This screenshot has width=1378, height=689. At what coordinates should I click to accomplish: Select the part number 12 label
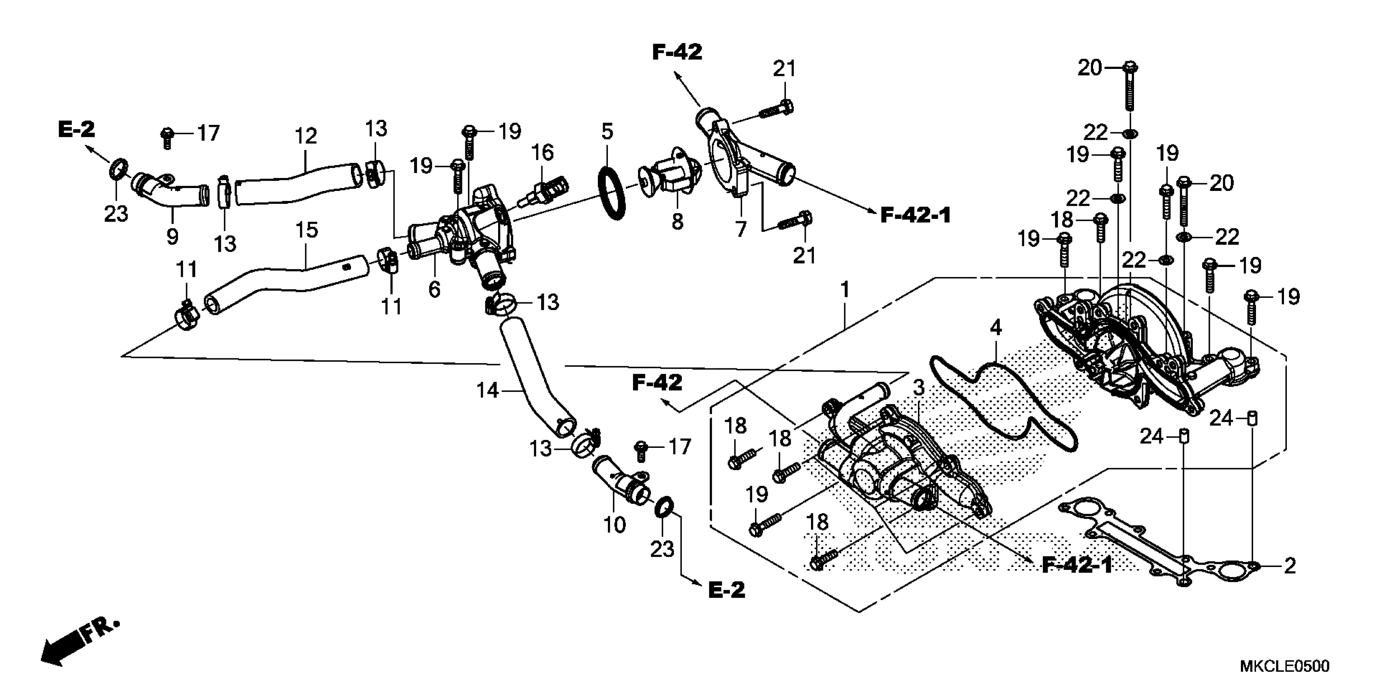point(306,137)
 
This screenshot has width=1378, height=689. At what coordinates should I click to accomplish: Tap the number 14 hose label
point(487,391)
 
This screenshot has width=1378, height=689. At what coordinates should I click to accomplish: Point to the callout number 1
point(845,291)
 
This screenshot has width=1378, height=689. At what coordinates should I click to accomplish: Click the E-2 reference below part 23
point(726,590)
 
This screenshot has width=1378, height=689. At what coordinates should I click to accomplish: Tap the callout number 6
point(434,289)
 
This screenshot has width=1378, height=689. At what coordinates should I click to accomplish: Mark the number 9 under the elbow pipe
point(172,236)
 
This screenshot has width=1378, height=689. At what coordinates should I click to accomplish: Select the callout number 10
point(614,525)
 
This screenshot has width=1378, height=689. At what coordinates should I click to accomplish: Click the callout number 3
point(918,388)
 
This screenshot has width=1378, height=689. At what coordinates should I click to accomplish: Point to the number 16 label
point(542,152)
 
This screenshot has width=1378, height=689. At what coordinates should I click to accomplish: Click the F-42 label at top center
point(677,52)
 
